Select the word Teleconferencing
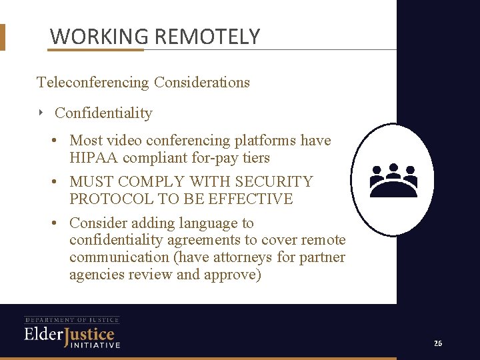coord(93,83)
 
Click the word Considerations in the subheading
coord(202,83)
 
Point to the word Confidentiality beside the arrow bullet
coord(103,113)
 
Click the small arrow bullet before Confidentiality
coord(41,113)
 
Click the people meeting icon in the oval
coord(393,180)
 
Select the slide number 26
coord(437,343)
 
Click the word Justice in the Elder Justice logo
coord(89,334)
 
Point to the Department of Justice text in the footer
coord(72,320)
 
